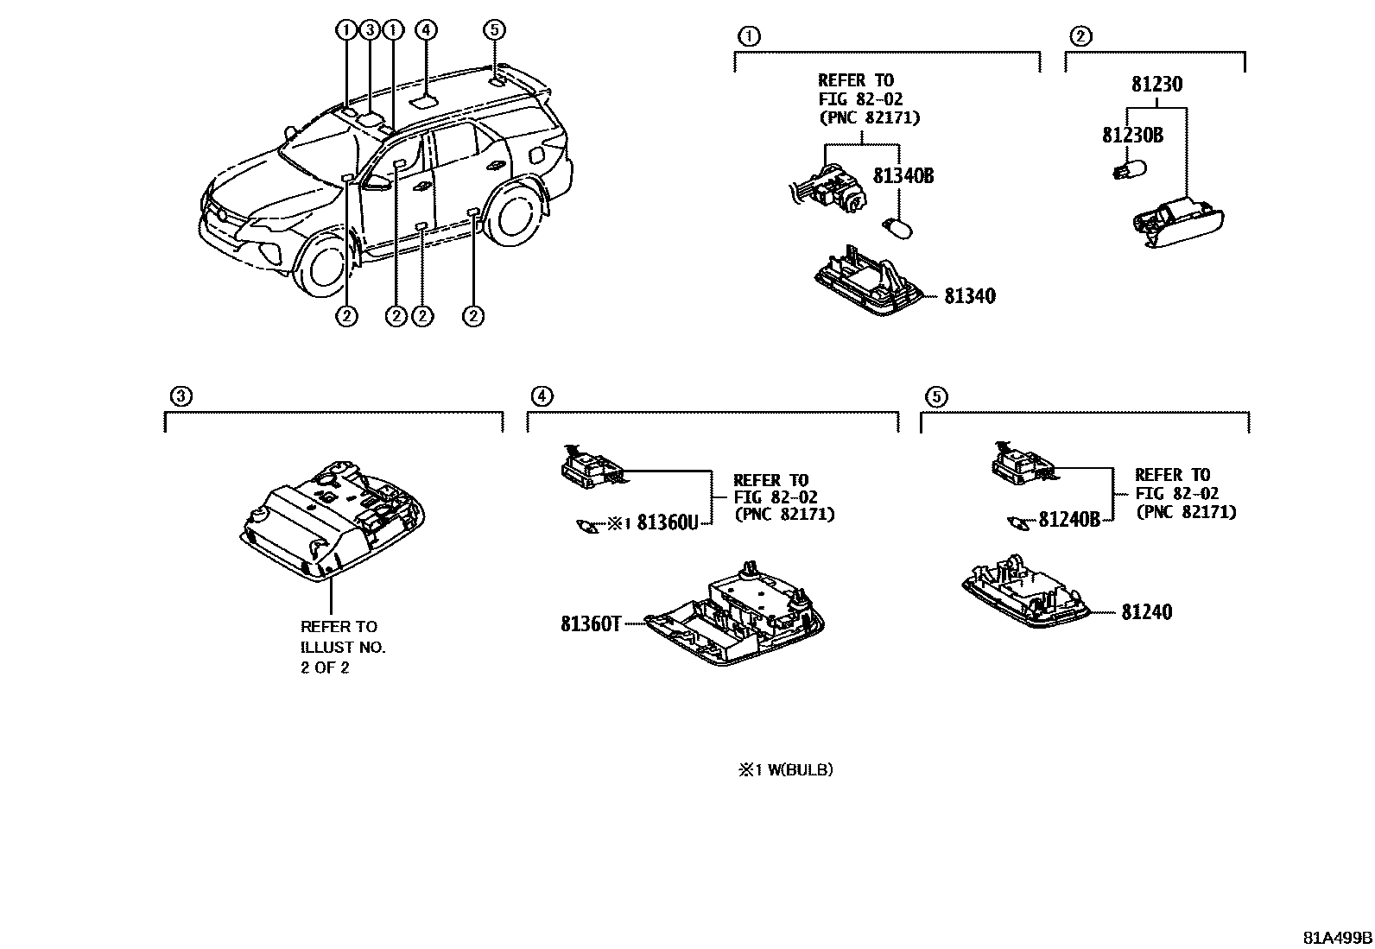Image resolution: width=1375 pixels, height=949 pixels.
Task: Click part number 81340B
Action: pyautogui.click(x=903, y=176)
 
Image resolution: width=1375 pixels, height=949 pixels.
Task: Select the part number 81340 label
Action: pyautogui.click(x=969, y=296)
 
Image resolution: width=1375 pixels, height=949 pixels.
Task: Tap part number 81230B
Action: pyautogui.click(x=1132, y=136)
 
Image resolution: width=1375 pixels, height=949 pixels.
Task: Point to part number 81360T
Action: pyautogui.click(x=590, y=623)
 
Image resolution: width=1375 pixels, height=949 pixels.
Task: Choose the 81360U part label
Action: pyautogui.click(x=667, y=523)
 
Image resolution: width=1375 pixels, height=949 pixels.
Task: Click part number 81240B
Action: pyautogui.click(x=1068, y=519)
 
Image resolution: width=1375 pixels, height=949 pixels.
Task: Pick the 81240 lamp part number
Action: pyautogui.click(x=1146, y=612)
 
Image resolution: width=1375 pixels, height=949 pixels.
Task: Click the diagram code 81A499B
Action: pyautogui.click(x=1337, y=937)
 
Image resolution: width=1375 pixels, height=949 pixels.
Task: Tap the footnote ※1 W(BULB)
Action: pyautogui.click(x=785, y=769)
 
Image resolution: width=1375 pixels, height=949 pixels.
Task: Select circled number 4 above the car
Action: pyautogui.click(x=425, y=30)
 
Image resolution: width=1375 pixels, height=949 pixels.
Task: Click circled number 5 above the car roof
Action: pyautogui.click(x=493, y=30)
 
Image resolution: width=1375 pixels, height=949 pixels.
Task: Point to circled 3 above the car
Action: pyautogui.click(x=369, y=30)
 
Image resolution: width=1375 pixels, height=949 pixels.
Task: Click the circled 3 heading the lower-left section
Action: pyautogui.click(x=178, y=396)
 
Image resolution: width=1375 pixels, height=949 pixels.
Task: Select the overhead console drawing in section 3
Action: pyautogui.click(x=333, y=518)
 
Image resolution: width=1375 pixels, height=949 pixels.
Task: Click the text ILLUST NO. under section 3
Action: pyautogui.click(x=343, y=647)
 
